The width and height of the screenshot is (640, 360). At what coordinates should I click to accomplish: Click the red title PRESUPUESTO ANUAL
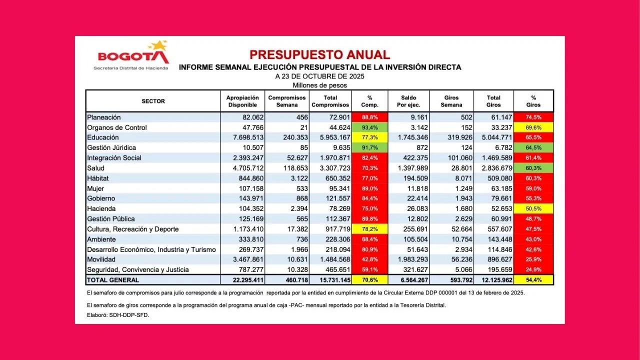click(x=319, y=55)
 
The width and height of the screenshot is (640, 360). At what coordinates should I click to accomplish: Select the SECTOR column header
click(x=153, y=101)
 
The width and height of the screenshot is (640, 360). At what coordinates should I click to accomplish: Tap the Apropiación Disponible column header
click(x=242, y=101)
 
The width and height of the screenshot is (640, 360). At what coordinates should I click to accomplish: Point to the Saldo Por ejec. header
click(x=408, y=101)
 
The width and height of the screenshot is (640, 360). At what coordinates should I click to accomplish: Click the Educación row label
click(x=103, y=137)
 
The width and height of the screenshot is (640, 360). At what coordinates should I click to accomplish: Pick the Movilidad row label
click(x=101, y=259)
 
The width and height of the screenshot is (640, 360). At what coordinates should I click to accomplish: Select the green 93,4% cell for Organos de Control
click(x=369, y=127)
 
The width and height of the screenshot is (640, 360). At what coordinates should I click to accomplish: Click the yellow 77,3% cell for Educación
click(x=369, y=137)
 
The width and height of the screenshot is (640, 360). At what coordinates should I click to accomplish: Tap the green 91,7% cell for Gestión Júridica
click(x=369, y=148)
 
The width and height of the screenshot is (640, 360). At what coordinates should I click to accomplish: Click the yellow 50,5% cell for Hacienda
click(x=533, y=208)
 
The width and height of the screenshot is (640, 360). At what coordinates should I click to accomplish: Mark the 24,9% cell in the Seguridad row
click(x=533, y=269)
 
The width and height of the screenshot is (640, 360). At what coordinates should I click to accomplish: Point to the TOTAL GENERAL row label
click(x=113, y=280)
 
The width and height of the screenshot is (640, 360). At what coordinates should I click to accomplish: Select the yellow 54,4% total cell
click(x=533, y=280)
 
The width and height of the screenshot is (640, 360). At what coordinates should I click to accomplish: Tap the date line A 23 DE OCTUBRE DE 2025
click(x=319, y=76)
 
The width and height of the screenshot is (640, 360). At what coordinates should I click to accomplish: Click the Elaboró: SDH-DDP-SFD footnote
click(x=118, y=315)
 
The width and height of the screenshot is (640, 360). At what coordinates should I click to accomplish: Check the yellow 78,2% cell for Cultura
click(x=369, y=229)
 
